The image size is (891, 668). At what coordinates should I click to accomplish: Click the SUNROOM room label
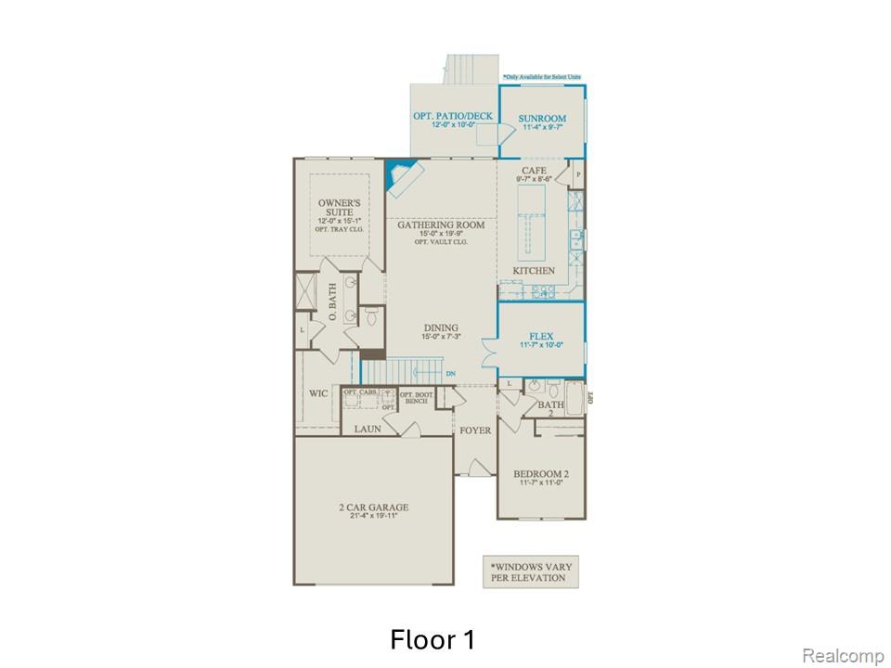click(543, 119)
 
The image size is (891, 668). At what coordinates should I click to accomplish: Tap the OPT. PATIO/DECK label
click(454, 116)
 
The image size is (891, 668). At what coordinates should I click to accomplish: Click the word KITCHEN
click(534, 271)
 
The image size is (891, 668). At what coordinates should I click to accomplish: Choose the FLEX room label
click(541, 336)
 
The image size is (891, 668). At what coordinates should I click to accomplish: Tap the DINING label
click(442, 328)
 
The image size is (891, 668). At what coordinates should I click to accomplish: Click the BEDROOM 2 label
click(541, 475)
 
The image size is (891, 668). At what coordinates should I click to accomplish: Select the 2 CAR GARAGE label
click(373, 507)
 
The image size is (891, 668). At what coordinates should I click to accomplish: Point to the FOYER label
click(476, 430)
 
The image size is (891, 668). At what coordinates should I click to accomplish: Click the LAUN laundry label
click(368, 429)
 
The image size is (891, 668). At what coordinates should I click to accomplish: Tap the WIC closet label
click(317, 393)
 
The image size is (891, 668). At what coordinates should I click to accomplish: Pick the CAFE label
click(534, 171)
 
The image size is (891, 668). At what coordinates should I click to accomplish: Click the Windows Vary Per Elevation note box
click(527, 572)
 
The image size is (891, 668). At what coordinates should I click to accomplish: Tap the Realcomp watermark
click(842, 656)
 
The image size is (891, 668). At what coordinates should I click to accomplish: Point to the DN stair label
click(450, 374)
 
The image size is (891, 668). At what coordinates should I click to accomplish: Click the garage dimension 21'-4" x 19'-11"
click(373, 518)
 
